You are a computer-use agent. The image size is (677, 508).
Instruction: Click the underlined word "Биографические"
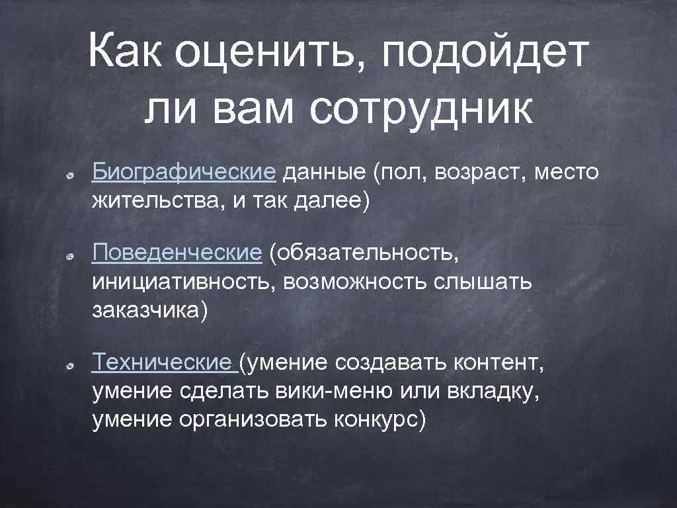184,173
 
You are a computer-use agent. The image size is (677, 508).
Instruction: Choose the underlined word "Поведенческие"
178,252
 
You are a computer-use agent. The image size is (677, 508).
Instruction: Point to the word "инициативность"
184,282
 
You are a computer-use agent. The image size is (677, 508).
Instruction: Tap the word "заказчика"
146,310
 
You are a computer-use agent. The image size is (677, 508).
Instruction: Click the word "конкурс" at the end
380,419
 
